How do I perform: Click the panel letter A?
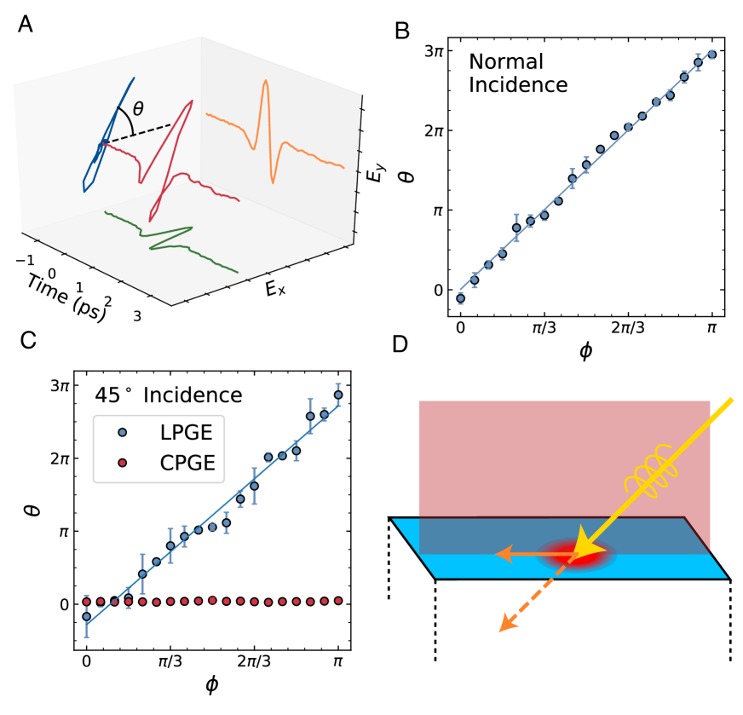point(26,25)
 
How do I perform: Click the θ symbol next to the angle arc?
point(139,108)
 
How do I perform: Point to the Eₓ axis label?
point(274,290)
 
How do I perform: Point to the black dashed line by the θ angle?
point(141,134)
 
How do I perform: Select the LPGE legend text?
point(186,432)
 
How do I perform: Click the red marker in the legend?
point(122,463)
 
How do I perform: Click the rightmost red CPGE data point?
point(338,601)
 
